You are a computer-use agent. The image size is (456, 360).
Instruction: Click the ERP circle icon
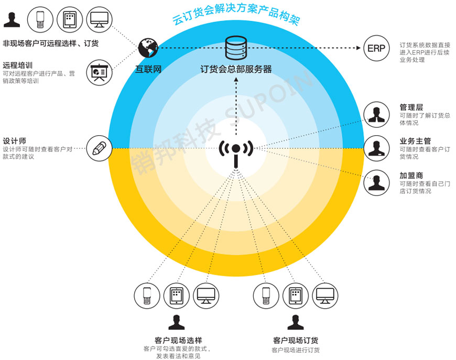376,48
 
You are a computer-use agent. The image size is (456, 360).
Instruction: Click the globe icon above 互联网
148,48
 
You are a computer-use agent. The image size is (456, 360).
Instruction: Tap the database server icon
235,48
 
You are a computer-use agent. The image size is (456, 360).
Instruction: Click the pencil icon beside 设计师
99,148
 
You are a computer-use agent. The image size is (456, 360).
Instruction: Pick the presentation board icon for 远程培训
98,73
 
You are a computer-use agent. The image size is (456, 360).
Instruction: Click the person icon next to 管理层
376,114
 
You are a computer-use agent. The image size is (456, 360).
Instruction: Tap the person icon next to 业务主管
376,148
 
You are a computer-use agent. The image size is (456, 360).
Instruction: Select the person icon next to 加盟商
376,182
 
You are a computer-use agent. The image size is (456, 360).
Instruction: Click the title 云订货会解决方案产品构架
236,16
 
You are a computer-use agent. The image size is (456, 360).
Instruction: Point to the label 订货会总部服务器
236,69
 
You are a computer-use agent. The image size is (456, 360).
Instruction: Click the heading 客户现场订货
296,340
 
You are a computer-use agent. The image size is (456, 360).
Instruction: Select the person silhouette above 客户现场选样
176,321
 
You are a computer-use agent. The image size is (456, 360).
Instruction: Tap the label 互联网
148,69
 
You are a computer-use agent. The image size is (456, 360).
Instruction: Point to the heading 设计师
14,141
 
